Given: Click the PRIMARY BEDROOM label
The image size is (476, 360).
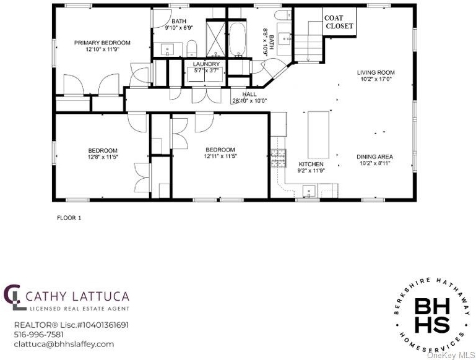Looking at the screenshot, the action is pyautogui.click(x=102, y=43).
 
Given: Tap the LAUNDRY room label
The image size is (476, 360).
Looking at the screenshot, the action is pyautogui.click(x=206, y=64).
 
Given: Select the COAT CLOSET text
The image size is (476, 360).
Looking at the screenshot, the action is pyautogui.click(x=339, y=22).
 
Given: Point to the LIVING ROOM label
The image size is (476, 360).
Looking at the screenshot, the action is pyautogui.click(x=376, y=72).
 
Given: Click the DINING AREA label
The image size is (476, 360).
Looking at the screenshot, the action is pyautogui.click(x=374, y=156).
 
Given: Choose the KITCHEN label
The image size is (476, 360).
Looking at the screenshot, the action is pyautogui.click(x=311, y=164).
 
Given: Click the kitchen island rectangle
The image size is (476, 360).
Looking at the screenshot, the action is pyautogui.click(x=318, y=135).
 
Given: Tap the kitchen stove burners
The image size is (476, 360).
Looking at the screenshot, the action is pyautogui.click(x=279, y=158).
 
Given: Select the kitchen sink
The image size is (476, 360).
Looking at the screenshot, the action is pyautogui.click(x=309, y=191).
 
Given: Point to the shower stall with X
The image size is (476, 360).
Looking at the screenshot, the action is pyautogui.click(x=215, y=38).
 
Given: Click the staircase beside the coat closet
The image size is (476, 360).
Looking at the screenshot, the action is pyautogui.click(x=308, y=41).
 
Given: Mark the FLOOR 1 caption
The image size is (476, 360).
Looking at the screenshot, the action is pyautogui.click(x=69, y=218).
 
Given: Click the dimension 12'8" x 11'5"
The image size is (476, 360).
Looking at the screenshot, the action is pyautogui.click(x=102, y=157).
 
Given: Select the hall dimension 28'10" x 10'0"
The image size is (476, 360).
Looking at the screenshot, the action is pyautogui.click(x=249, y=101).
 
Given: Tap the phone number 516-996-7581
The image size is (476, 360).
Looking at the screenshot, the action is pyautogui.click(x=39, y=335).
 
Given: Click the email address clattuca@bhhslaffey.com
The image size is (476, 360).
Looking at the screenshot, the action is pyautogui.click(x=64, y=345).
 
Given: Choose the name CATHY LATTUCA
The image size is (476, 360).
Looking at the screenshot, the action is pyautogui.click(x=78, y=296).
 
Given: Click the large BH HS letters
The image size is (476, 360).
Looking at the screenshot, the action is pyautogui.click(x=432, y=315).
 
